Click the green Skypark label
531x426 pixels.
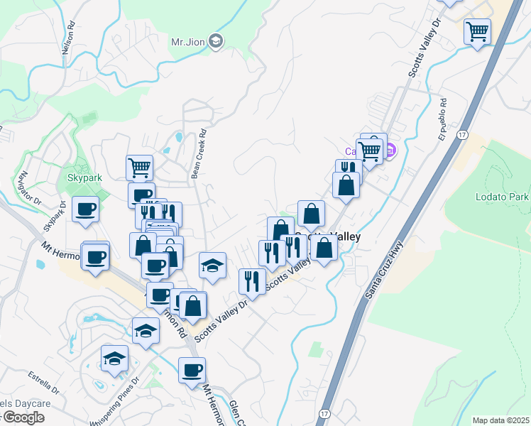pyautogui.click(x=84, y=177)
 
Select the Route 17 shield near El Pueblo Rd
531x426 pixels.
pyautogui.click(x=462, y=134)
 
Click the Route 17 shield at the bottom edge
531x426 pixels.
pyautogui.click(x=324, y=413)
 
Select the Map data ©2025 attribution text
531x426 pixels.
pyautogui.click(x=500, y=420)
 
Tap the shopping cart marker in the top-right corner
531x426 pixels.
pyautogui.click(x=478, y=31)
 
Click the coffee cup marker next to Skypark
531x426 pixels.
pyautogui.click(x=86, y=209)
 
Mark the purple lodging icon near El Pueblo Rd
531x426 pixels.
pyautogui.click(x=390, y=151)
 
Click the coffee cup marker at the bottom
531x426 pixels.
pyautogui.click(x=192, y=371)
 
